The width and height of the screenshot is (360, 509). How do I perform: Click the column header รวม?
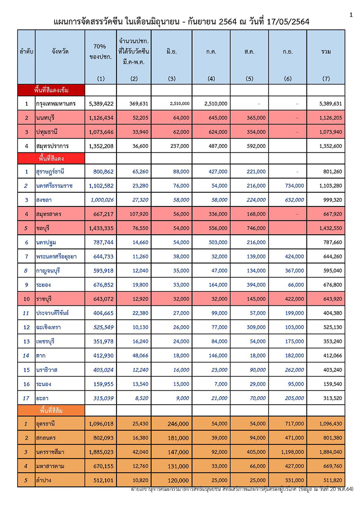coord(326,52)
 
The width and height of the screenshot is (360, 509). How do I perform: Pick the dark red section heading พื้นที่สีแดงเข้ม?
coord(52,90)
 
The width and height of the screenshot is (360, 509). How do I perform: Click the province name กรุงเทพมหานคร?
coord(57,103)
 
